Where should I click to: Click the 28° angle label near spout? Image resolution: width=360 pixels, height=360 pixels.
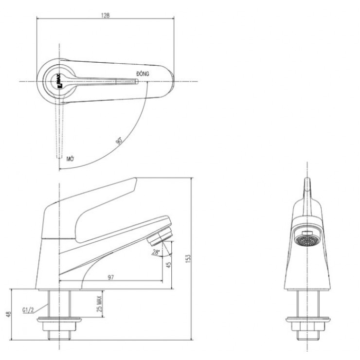click(156, 252)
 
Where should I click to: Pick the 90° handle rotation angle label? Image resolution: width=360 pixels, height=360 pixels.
click(118, 141)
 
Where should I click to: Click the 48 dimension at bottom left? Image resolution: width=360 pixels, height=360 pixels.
click(7, 315)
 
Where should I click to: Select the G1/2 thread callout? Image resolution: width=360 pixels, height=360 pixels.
click(29, 309)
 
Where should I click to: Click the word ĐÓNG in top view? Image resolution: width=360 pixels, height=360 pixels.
click(143, 73)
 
